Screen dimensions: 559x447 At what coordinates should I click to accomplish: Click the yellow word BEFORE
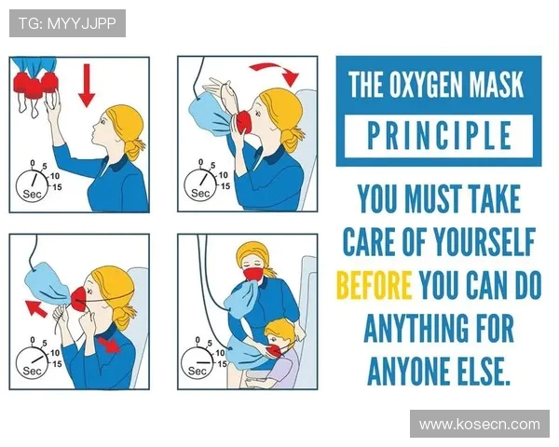click(375, 285)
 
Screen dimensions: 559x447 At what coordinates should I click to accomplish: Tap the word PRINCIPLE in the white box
click(439, 136)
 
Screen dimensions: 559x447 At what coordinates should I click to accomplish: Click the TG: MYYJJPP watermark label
click(67, 23)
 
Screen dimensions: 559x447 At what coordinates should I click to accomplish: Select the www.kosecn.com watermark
click(480, 425)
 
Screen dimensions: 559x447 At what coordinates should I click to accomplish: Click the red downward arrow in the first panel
click(87, 86)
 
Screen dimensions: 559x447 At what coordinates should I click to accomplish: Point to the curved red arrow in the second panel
click(275, 73)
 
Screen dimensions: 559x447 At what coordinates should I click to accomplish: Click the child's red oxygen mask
click(277, 350)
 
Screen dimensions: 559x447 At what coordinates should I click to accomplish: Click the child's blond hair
click(278, 327)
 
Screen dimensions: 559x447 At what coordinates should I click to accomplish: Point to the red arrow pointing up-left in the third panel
click(35, 308)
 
